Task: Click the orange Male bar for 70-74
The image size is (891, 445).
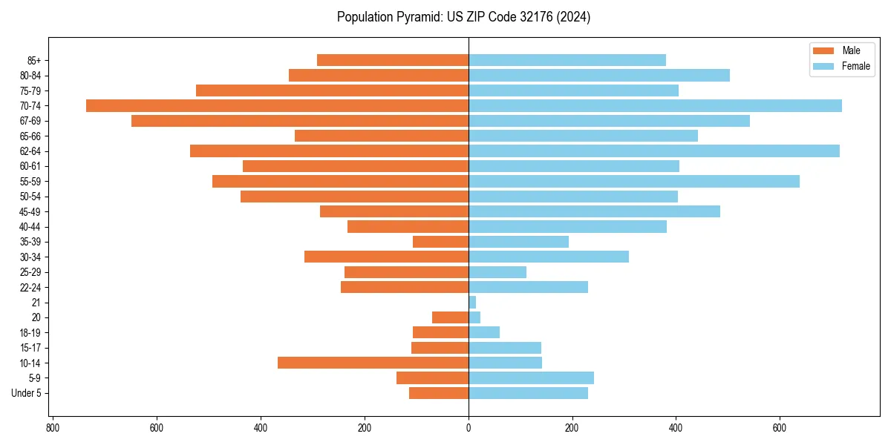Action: point(277,105)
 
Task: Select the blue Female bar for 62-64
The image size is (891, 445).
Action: point(653,151)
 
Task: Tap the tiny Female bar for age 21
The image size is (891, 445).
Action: point(472,303)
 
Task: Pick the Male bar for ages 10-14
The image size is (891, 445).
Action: point(373,363)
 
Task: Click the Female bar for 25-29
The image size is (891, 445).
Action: point(497,272)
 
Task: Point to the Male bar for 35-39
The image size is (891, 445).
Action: point(440,242)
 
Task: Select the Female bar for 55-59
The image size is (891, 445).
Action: point(633,181)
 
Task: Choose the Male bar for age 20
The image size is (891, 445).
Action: point(450,317)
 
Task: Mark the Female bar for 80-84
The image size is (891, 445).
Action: point(598,75)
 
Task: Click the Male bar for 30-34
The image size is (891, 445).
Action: point(386,257)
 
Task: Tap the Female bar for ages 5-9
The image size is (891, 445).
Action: point(531,378)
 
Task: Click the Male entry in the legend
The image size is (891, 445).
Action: point(841,50)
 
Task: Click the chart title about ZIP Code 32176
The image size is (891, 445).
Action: point(463,17)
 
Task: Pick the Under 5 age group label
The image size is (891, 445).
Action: point(26,393)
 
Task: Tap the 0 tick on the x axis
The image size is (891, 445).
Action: point(469,428)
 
